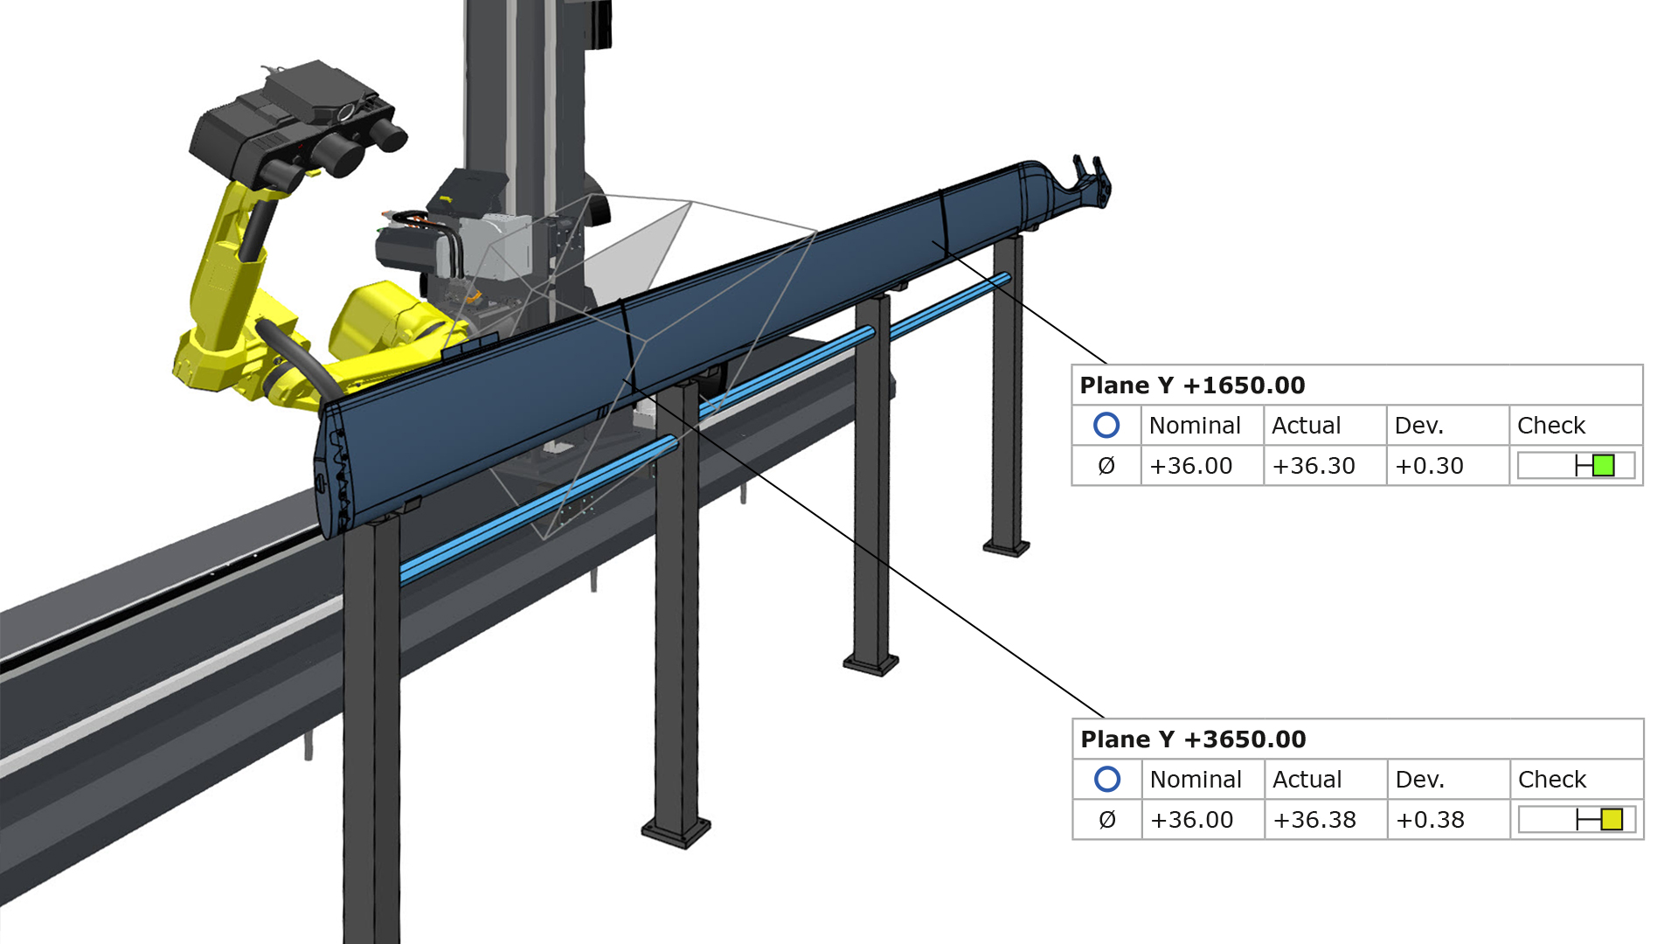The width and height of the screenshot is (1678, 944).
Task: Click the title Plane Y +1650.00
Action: point(1192,385)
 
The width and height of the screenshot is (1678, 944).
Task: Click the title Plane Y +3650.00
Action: point(1193,739)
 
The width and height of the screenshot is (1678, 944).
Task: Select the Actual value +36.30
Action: point(1314,466)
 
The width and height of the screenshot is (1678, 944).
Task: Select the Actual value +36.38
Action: point(1314,820)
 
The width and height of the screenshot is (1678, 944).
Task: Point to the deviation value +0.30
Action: point(1429,466)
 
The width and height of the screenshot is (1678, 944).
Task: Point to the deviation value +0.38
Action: point(1430,820)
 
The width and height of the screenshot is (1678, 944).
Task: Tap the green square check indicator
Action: point(1604,465)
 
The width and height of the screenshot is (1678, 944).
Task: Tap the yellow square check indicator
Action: point(1612,819)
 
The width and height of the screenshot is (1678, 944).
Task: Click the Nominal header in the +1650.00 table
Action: point(1195,426)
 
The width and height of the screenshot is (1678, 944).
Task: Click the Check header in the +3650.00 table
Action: point(1552,780)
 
